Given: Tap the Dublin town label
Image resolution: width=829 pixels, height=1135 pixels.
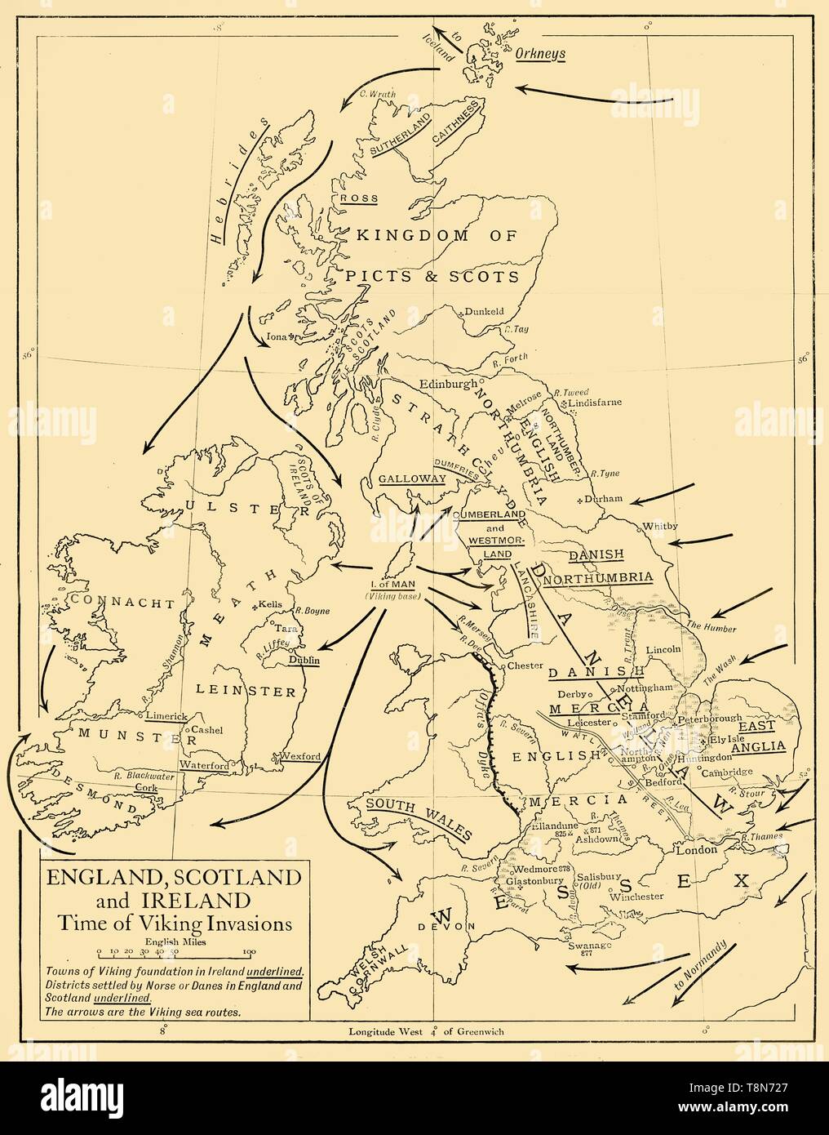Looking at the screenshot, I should point(304,660).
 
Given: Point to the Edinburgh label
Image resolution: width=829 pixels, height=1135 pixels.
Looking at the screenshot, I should point(448,384).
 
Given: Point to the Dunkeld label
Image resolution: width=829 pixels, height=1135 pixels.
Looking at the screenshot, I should point(485,311).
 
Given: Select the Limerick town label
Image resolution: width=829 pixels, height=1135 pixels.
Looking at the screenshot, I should point(166,715).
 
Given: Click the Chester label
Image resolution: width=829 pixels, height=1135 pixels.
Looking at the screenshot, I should point(525,665).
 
